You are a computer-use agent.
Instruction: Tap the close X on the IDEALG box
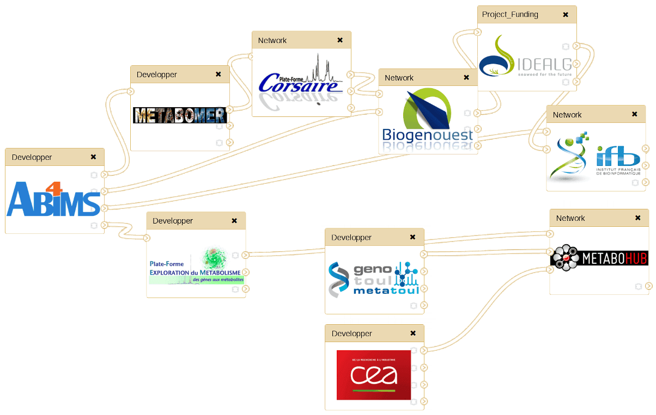(566, 15)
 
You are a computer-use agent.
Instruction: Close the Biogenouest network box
(466, 78)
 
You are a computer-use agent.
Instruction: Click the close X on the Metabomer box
(218, 75)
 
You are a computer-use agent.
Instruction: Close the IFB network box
(635, 115)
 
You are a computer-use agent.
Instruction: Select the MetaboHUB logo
(599, 257)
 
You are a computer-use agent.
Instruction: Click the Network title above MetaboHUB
(570, 218)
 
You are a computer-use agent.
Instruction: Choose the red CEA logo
(374, 375)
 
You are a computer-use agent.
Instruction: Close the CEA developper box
(413, 333)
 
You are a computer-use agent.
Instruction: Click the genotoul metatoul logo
(374, 278)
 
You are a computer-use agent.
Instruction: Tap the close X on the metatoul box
(413, 238)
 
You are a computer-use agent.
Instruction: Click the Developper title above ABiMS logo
(32, 157)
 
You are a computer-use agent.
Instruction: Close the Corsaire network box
(340, 40)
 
